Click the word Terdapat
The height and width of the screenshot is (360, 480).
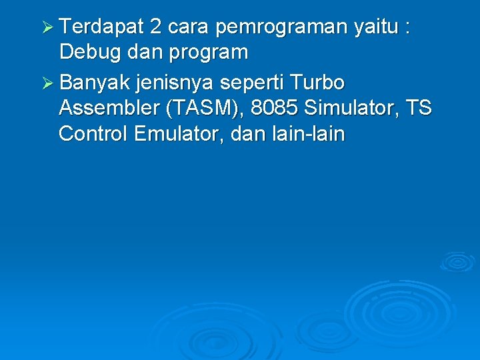coord(101,27)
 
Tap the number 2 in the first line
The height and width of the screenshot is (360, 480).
coord(155,27)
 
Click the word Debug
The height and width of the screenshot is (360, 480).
coord(87,52)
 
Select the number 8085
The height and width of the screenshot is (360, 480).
coord(274,109)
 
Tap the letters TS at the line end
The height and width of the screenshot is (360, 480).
coord(418,109)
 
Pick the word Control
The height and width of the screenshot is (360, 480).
coord(93,134)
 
